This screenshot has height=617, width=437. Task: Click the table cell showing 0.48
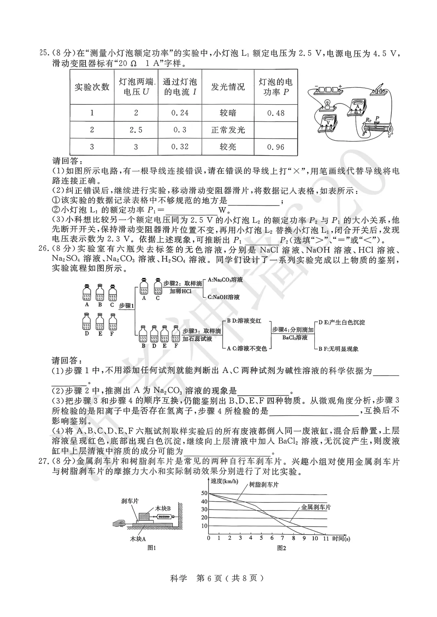276,113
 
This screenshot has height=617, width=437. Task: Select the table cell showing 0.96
276,147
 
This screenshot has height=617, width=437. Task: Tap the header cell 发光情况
228,87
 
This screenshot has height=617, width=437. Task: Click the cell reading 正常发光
228,130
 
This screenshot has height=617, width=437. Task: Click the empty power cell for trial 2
276,130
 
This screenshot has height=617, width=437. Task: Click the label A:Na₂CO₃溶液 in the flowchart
225,280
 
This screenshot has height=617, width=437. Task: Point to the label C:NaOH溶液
223,297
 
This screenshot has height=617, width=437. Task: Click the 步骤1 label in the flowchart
127,306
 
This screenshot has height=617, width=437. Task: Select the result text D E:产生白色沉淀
342,322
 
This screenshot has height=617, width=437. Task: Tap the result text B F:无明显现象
338,349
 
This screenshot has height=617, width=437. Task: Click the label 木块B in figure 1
163,508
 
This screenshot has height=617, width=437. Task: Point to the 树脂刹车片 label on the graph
263,484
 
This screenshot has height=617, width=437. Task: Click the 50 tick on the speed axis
204,493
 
